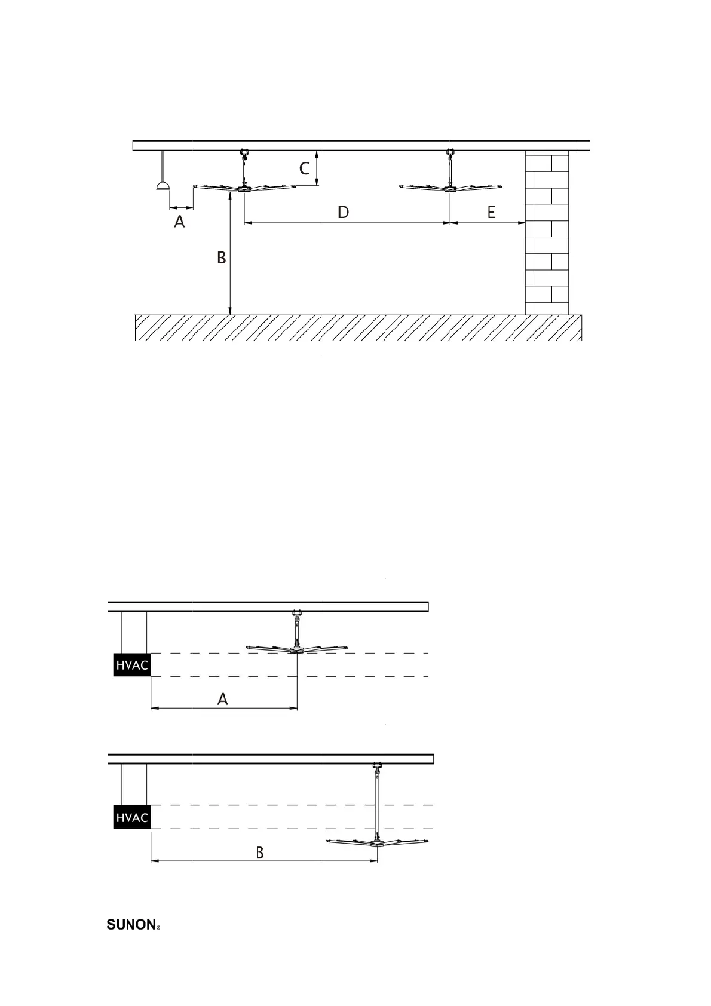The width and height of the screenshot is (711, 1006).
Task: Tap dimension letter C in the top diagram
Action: [x=305, y=168]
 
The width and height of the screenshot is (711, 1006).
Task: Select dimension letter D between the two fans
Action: [x=343, y=212]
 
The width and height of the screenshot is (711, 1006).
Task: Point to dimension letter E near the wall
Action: [x=491, y=212]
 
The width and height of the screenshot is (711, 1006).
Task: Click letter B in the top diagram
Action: [x=221, y=257]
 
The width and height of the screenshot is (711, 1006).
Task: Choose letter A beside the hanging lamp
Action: [x=179, y=222]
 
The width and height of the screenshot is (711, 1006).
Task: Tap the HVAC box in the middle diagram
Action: [x=131, y=665]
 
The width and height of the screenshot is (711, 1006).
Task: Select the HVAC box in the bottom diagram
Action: [x=131, y=817]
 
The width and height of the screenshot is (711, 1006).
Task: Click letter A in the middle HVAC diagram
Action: [x=223, y=698]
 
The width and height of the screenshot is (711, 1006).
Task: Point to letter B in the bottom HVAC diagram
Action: [x=260, y=852]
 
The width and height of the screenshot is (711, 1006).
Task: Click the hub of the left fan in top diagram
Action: [x=244, y=189]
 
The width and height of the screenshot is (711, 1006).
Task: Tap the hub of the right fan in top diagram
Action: [x=449, y=189]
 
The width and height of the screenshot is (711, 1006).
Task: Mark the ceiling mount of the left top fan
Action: [x=244, y=152]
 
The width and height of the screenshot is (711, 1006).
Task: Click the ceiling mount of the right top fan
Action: [x=449, y=152]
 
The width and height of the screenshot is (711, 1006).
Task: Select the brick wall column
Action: [x=547, y=233]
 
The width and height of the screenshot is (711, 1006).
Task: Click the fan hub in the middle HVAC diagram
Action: [x=297, y=650]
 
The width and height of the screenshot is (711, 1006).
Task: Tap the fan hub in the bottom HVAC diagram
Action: [x=377, y=844]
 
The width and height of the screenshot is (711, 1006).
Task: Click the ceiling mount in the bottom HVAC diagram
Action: [x=377, y=766]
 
